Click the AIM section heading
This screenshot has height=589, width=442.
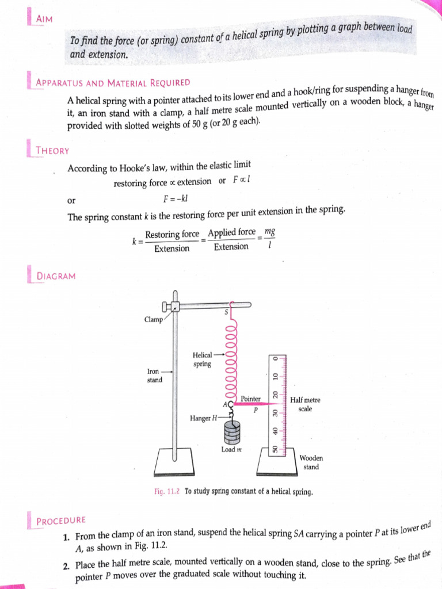tap(44, 19)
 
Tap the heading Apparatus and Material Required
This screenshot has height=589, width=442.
tap(113, 82)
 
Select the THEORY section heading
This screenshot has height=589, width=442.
tap(52, 151)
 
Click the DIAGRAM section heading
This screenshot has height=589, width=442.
tap(56, 276)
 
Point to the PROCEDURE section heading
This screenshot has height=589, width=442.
tap(61, 521)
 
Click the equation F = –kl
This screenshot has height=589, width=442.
tap(177, 199)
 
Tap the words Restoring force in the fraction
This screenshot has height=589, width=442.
tap(172, 235)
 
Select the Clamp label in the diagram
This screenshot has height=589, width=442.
tap(154, 319)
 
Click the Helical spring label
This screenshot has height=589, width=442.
tap(203, 359)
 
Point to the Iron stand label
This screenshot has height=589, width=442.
tap(154, 376)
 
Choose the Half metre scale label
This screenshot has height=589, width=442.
tap(306, 404)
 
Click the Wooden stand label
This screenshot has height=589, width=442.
tap(311, 462)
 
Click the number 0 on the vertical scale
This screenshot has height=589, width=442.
tap(275, 358)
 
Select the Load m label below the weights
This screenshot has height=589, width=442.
tap(231, 449)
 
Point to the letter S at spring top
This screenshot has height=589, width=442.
tap(226, 312)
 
